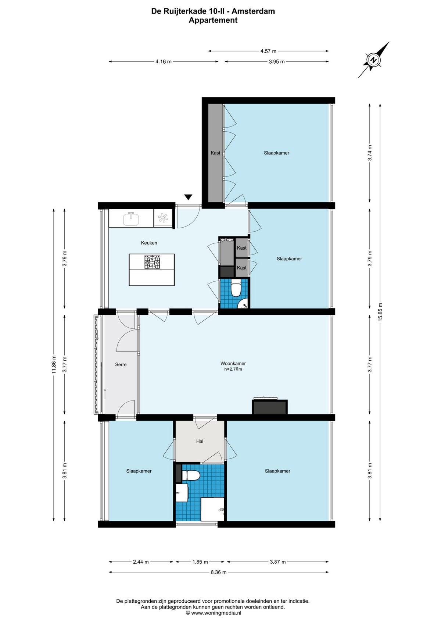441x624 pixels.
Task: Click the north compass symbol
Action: (x=374, y=60)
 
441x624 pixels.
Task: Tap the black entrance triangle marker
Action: (x=188, y=197)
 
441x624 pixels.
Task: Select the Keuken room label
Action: (x=149, y=243)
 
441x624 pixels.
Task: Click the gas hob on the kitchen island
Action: (x=152, y=262)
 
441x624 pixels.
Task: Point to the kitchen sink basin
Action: (x=131, y=219)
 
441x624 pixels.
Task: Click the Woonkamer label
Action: (x=233, y=363)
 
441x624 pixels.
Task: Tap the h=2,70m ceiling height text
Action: (x=233, y=369)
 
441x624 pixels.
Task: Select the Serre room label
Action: (x=121, y=364)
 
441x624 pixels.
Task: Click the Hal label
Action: (x=200, y=441)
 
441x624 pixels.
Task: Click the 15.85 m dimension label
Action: (x=380, y=312)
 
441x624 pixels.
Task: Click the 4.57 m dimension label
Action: (x=268, y=51)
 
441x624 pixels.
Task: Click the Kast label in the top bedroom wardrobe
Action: (x=215, y=153)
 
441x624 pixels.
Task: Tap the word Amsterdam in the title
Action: (x=253, y=11)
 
